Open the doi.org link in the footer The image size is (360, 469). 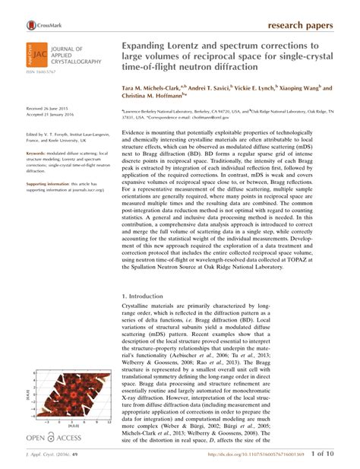point(228,455)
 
